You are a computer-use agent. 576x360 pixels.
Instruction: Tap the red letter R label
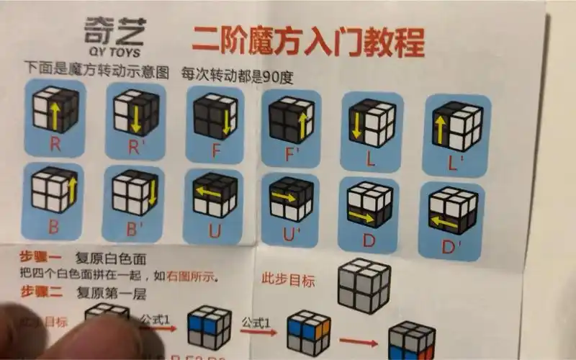(55, 143)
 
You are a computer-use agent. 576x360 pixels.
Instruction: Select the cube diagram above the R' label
(136, 112)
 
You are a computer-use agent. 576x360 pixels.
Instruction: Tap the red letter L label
(371, 159)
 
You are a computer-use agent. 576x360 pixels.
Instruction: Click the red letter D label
(369, 240)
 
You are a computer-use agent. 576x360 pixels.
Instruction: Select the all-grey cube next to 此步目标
(364, 284)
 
